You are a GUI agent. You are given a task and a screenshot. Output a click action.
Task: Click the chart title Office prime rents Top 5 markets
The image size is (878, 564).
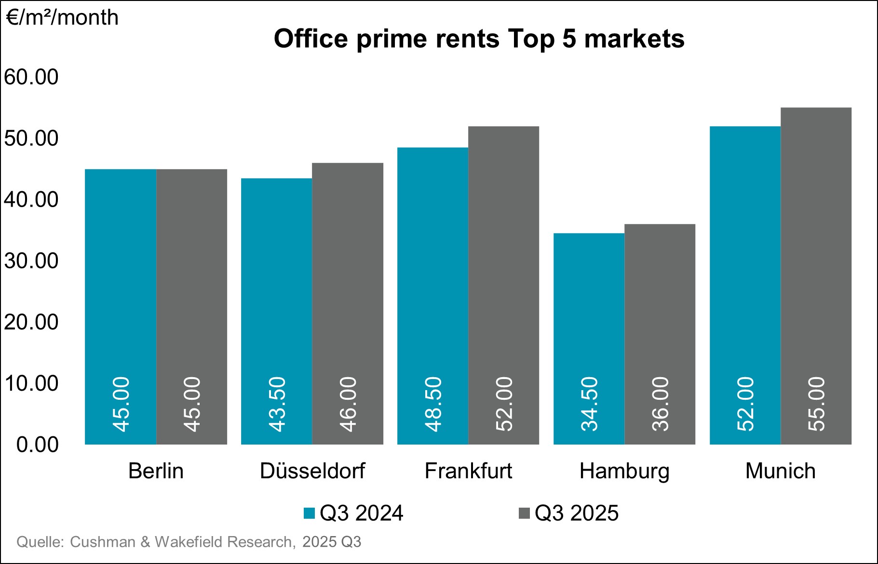click(x=479, y=39)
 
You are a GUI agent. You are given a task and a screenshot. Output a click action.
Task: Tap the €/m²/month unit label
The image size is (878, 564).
click(x=62, y=18)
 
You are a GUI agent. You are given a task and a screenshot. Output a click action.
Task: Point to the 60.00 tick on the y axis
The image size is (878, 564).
click(x=31, y=77)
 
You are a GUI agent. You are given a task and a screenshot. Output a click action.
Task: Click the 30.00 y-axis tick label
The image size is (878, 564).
click(x=31, y=261)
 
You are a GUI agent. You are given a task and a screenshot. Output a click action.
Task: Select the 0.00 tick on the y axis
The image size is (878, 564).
click(x=38, y=444)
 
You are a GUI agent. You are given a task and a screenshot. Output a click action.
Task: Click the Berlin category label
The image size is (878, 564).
click(x=156, y=471)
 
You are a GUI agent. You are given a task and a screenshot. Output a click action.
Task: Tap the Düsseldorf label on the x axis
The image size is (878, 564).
click(x=312, y=471)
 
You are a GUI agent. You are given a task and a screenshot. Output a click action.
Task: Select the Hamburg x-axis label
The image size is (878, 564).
click(x=624, y=471)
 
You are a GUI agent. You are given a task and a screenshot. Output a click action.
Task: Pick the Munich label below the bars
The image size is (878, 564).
click(x=780, y=471)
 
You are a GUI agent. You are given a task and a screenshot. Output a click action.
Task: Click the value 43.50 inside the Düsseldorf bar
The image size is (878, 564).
click(x=277, y=404)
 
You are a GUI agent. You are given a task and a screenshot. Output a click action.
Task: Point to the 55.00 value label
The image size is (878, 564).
click(x=817, y=404)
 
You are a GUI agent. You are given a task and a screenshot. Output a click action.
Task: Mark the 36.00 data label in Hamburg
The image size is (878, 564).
click(x=661, y=404)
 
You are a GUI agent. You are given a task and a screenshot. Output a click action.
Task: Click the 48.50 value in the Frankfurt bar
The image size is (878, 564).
click(x=433, y=404)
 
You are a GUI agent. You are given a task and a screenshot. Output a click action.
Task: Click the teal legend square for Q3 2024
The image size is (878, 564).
click(x=309, y=513)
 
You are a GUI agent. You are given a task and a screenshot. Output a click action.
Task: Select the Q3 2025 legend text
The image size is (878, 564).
click(x=576, y=513)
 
